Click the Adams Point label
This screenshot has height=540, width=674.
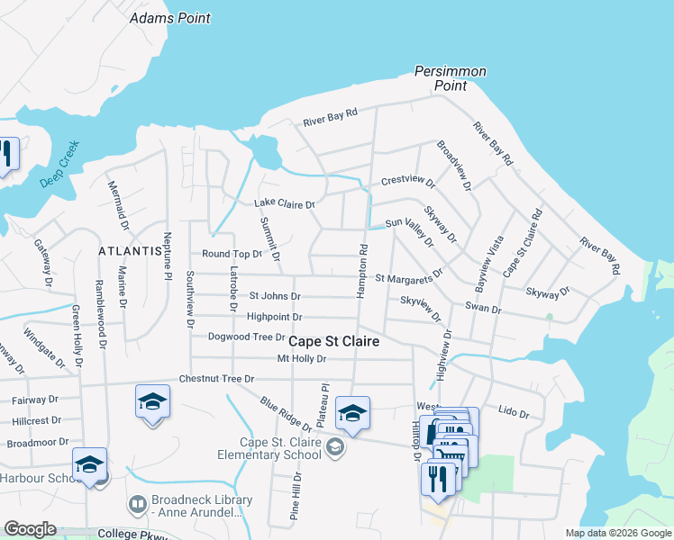[170, 18]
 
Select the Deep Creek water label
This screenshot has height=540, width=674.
[59, 163]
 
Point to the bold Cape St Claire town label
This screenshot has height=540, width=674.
[332, 342]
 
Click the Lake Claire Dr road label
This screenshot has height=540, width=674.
[284, 204]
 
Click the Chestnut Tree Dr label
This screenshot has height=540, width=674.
[216, 379]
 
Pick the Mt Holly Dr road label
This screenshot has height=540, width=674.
[300, 359]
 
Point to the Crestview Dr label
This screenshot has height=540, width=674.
[408, 181]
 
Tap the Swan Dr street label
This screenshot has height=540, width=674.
[482, 309]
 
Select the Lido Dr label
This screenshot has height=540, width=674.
[513, 411]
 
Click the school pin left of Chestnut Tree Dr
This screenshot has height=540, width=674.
[152, 401]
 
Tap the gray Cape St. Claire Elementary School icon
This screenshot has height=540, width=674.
[335, 446]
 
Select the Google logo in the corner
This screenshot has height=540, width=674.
[30, 529]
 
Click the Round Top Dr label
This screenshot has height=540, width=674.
[232, 255]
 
